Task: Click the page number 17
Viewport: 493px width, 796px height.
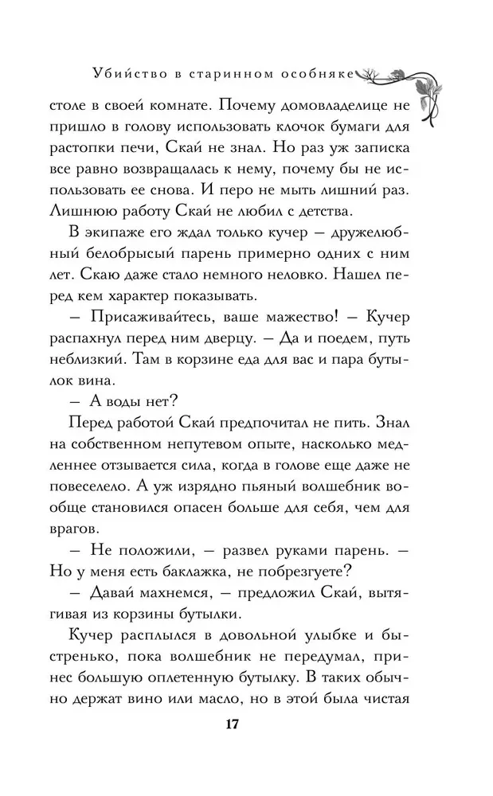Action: tap(232, 725)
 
